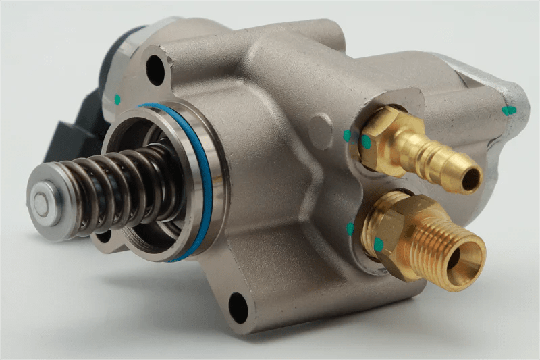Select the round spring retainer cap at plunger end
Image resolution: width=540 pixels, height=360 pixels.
42,203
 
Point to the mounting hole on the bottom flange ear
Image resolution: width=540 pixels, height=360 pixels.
238,307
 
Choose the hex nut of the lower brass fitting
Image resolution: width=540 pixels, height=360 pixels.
391,233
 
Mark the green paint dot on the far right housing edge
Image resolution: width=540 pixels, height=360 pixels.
509,109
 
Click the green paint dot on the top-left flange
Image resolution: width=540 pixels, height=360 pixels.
117,99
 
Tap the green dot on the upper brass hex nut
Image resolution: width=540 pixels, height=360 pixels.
366,142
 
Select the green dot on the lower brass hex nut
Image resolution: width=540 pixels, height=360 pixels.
379,244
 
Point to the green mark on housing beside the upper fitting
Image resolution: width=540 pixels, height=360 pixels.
347,135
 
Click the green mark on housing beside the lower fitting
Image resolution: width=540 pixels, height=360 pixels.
350,229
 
